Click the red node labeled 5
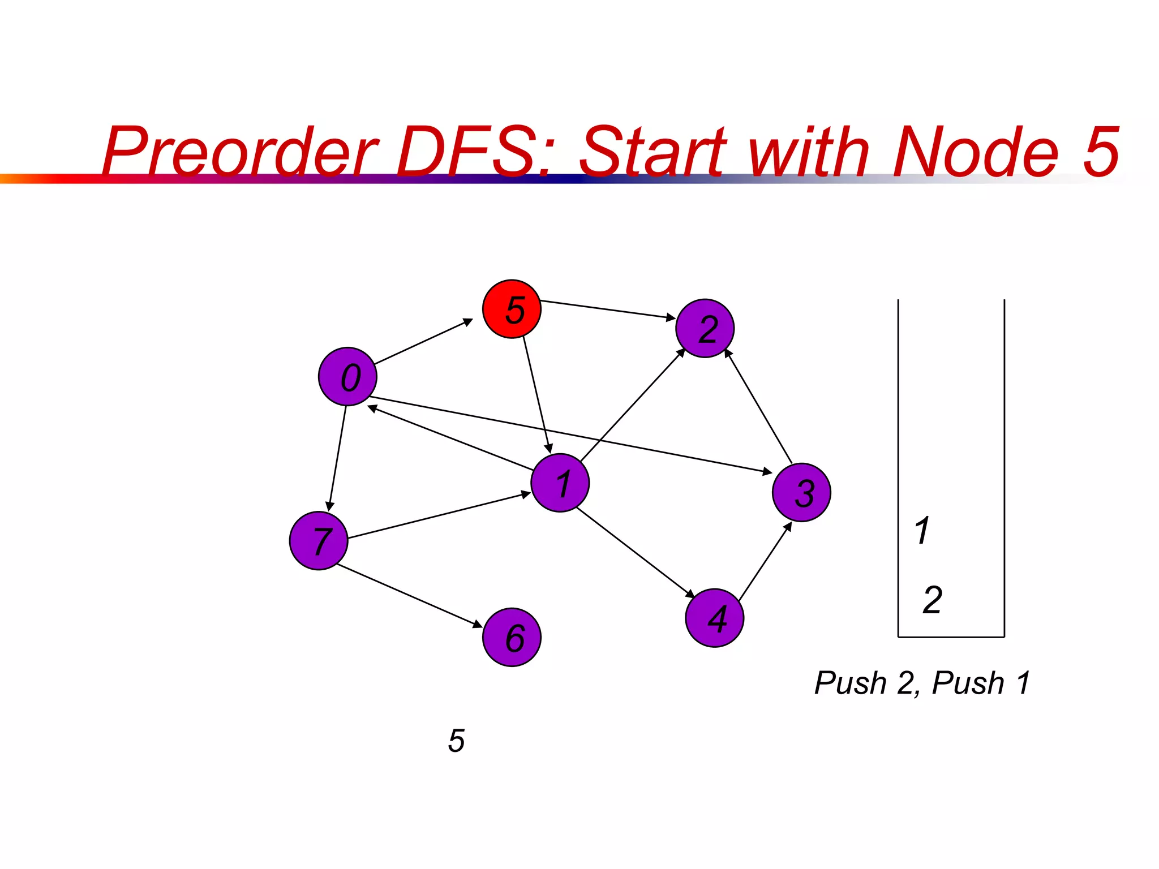pos(512,309)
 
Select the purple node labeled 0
pos(347,376)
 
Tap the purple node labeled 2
pos(705,328)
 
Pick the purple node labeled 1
pos(560,483)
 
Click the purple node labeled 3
pos(801,492)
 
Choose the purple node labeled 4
pos(714,617)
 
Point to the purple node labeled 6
pos(512,637)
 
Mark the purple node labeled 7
pos(319,540)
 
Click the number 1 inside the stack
pos(922,530)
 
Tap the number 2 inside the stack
pos(932,600)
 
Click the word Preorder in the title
pos(241,152)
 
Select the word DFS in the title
pos(473,152)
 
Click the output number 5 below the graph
pos(456,741)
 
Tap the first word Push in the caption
pos(851,682)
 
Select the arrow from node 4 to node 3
pos(765,562)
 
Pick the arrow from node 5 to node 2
pos(608,309)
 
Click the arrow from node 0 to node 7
pos(337,458)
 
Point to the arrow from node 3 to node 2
pos(759,407)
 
